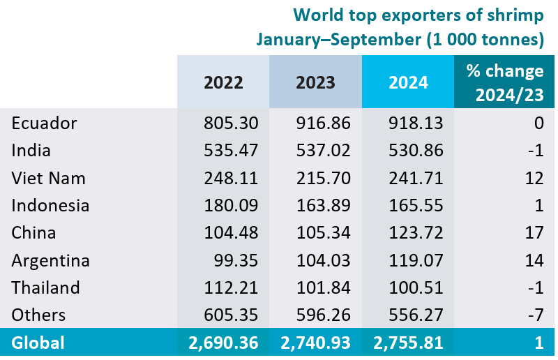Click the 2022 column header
pos(223,82)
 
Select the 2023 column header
pos(315,82)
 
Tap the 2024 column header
pos(408,82)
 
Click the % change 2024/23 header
pos(504,82)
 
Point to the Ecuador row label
pos(44,123)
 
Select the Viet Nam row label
pos(49,178)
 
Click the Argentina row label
pos(51,260)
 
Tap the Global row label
pos(38,343)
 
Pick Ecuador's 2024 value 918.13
pos(416,123)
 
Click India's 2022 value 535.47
pos(232,151)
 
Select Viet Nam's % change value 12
pos(534,178)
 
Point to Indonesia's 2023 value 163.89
pos(324,206)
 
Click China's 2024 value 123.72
pos(416,233)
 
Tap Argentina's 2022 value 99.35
pos(237,260)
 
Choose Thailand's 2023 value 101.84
pos(324,287)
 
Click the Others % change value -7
pos(535,315)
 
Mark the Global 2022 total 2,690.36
pos(223,343)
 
